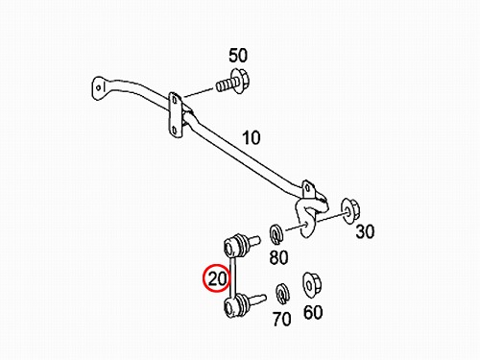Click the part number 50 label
coord(238,56)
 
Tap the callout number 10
coord(252,138)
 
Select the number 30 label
coord(365,231)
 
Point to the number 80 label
coord(278,257)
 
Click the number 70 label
coord(282,319)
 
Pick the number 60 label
coord(313,312)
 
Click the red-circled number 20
coord(217,278)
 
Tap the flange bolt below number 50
coord(233,82)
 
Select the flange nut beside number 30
coord(350,210)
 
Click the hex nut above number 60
coord(312,284)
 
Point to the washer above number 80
coord(276,234)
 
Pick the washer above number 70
coord(282,294)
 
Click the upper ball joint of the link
coord(235,246)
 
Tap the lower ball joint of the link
coord(236,306)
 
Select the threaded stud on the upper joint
coord(254,241)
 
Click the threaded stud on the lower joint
coord(257,300)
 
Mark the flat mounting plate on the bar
coord(176,115)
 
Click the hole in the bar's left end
coord(99,87)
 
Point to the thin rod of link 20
coord(233,276)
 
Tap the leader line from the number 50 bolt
coord(199,92)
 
